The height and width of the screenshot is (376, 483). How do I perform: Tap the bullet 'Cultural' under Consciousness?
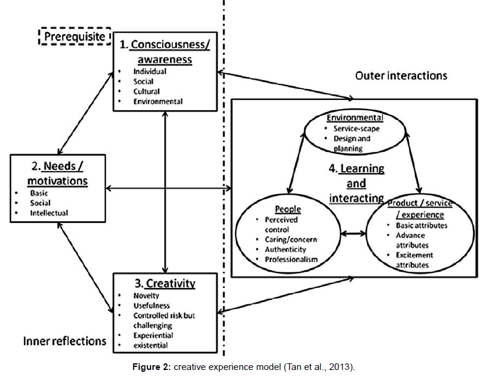pyautogui.click(x=147, y=92)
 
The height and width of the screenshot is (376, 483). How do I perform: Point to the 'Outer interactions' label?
pyautogui.click(x=401, y=75)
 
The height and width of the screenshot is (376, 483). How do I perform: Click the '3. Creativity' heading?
pyautogui.click(x=164, y=283)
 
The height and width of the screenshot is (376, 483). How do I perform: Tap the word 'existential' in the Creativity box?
pyautogui.click(x=151, y=345)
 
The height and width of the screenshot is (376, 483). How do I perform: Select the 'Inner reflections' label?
pyautogui.click(x=65, y=341)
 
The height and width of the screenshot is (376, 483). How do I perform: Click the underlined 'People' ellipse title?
pyautogui.click(x=287, y=209)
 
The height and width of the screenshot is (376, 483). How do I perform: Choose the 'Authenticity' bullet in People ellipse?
pyautogui.click(x=285, y=249)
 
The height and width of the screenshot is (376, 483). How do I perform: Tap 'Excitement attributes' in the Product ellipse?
pyautogui.click(x=413, y=260)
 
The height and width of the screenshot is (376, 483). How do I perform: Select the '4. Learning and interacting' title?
pyautogui.click(x=357, y=183)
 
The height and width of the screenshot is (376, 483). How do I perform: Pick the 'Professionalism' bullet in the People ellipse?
pyautogui.click(x=291, y=260)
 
